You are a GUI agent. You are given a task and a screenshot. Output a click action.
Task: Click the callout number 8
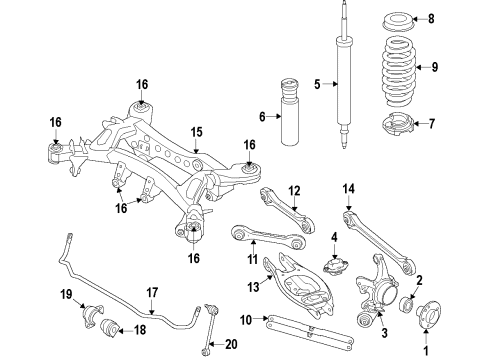(x=459, y=19)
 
